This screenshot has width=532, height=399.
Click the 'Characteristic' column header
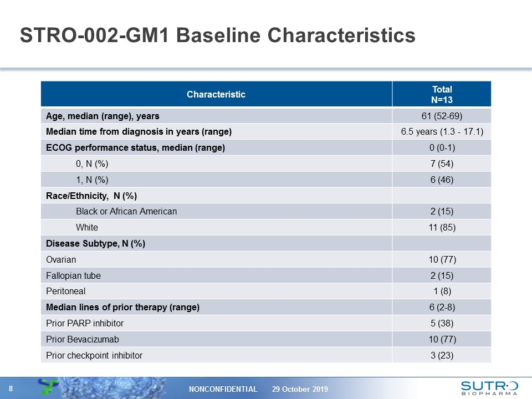(x=216, y=94)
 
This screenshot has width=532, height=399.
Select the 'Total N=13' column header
(x=442, y=94)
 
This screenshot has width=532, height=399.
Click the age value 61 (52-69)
(x=442, y=116)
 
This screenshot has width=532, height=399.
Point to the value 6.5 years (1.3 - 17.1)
(x=442, y=132)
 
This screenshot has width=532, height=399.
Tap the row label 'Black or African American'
(x=126, y=211)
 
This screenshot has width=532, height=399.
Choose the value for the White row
(x=442, y=227)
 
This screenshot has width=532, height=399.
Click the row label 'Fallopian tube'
(x=73, y=275)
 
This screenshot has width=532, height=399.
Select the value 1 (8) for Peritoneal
(x=442, y=291)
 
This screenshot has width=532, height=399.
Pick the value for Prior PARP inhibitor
(x=442, y=323)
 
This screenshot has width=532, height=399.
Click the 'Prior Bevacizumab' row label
(x=83, y=339)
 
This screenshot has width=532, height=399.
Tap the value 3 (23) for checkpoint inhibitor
(x=442, y=355)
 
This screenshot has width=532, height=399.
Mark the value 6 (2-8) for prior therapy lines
(x=442, y=307)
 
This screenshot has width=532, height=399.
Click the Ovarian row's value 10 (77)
(x=442, y=259)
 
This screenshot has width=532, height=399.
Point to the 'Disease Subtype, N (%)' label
(x=96, y=244)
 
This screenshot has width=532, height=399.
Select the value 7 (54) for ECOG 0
(x=442, y=164)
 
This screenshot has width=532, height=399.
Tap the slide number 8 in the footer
(x=11, y=388)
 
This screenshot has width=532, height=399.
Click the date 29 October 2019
(x=300, y=389)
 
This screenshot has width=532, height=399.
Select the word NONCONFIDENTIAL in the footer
(x=223, y=389)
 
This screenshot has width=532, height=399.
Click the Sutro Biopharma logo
(x=489, y=388)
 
